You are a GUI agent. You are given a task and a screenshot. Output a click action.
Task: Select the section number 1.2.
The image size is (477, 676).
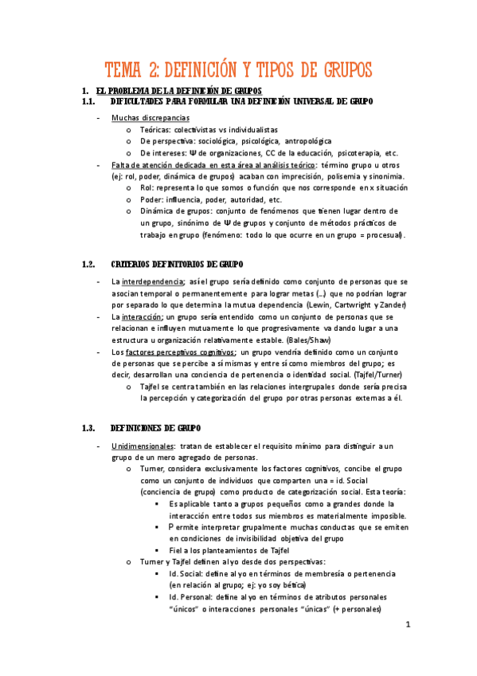pyautogui.click(x=89, y=264)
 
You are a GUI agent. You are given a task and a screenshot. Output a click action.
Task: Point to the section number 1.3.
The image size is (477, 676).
pyautogui.click(x=89, y=427)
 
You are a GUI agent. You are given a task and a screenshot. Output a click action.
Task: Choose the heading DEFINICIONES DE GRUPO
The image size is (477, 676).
pyautogui.click(x=156, y=427)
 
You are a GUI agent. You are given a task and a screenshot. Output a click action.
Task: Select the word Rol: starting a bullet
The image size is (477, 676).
pyautogui.click(x=147, y=187)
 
